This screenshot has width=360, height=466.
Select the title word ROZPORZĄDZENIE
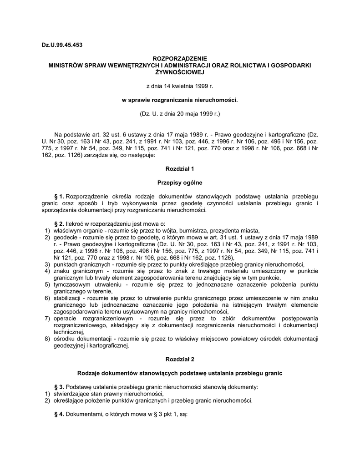point(179,59)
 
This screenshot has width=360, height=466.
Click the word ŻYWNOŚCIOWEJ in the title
point(179,72)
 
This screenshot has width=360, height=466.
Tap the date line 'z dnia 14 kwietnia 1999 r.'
point(179,86)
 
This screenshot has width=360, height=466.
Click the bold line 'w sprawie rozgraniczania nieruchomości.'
point(179,99)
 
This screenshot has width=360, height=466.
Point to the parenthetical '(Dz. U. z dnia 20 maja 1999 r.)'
point(179,113)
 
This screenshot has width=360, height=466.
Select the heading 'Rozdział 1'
point(179,168)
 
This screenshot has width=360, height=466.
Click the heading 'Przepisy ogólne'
point(179,182)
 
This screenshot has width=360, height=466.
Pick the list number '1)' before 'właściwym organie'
point(47,230)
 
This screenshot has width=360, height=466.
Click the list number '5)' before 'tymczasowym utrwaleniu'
point(47,284)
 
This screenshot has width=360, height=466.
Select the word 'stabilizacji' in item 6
point(68,298)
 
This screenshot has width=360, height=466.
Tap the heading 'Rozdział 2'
point(179,360)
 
